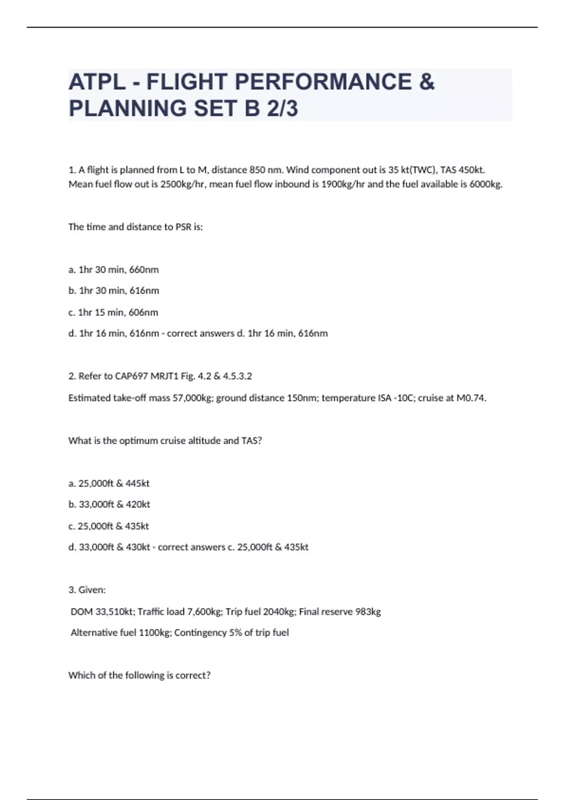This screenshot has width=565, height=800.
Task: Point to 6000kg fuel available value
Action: (x=485, y=184)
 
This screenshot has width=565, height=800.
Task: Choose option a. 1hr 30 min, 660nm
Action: (x=113, y=270)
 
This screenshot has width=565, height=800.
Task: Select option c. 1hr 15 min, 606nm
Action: (x=113, y=312)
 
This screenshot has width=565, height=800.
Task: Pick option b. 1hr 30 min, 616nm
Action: (x=113, y=291)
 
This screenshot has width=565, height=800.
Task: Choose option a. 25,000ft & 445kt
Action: (x=109, y=483)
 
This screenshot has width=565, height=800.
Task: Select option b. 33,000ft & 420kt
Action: (x=109, y=504)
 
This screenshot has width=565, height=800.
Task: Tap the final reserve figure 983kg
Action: (x=368, y=612)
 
